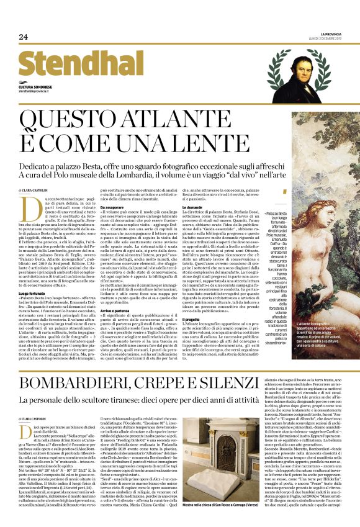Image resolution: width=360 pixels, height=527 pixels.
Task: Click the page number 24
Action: tap(23, 37)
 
